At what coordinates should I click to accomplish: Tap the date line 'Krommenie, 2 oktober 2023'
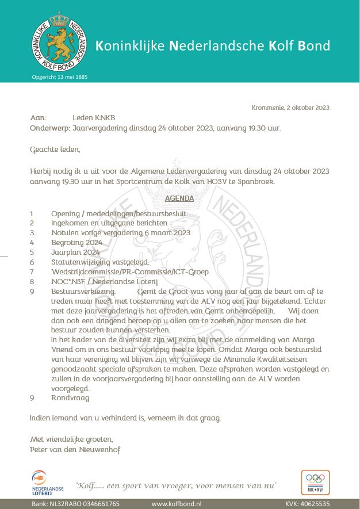click(290, 108)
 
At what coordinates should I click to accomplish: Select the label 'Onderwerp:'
click(49, 128)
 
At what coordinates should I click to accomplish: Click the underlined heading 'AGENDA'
click(179, 198)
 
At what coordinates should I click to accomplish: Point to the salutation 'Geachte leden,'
click(55, 150)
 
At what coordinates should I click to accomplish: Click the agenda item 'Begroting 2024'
click(77, 242)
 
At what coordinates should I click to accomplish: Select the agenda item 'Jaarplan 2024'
click(75, 252)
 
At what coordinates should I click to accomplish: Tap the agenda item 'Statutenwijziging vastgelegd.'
click(100, 262)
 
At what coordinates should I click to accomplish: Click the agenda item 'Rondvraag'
click(70, 397)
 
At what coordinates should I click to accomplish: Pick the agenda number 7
click(32, 271)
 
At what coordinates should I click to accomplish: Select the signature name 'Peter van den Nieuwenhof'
click(75, 449)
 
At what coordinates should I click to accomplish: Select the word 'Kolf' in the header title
click(281, 45)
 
